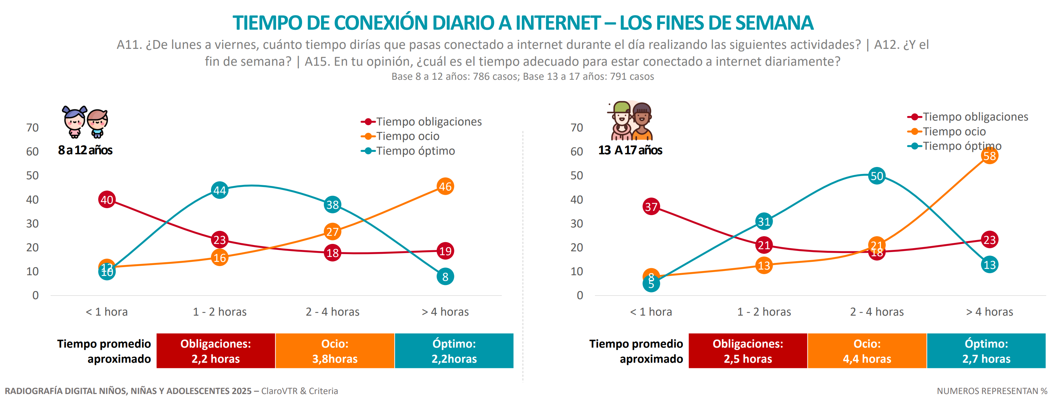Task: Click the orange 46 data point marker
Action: click(445, 187)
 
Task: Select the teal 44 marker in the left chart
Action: click(219, 190)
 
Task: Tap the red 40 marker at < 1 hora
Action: click(107, 200)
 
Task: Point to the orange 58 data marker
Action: click(989, 156)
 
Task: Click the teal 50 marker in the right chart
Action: click(876, 176)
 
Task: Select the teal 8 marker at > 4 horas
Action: click(445, 277)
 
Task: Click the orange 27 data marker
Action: click(332, 232)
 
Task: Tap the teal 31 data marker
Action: click(763, 221)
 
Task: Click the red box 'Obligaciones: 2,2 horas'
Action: click(216, 351)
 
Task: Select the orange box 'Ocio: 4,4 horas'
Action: click(867, 351)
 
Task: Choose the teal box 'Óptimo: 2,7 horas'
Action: click(986, 351)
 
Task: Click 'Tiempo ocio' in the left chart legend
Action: click(408, 136)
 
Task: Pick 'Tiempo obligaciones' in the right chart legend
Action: click(975, 117)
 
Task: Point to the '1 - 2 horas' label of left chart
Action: click(219, 312)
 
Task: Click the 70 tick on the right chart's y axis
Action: click(577, 128)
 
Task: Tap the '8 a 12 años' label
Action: click(85, 150)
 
